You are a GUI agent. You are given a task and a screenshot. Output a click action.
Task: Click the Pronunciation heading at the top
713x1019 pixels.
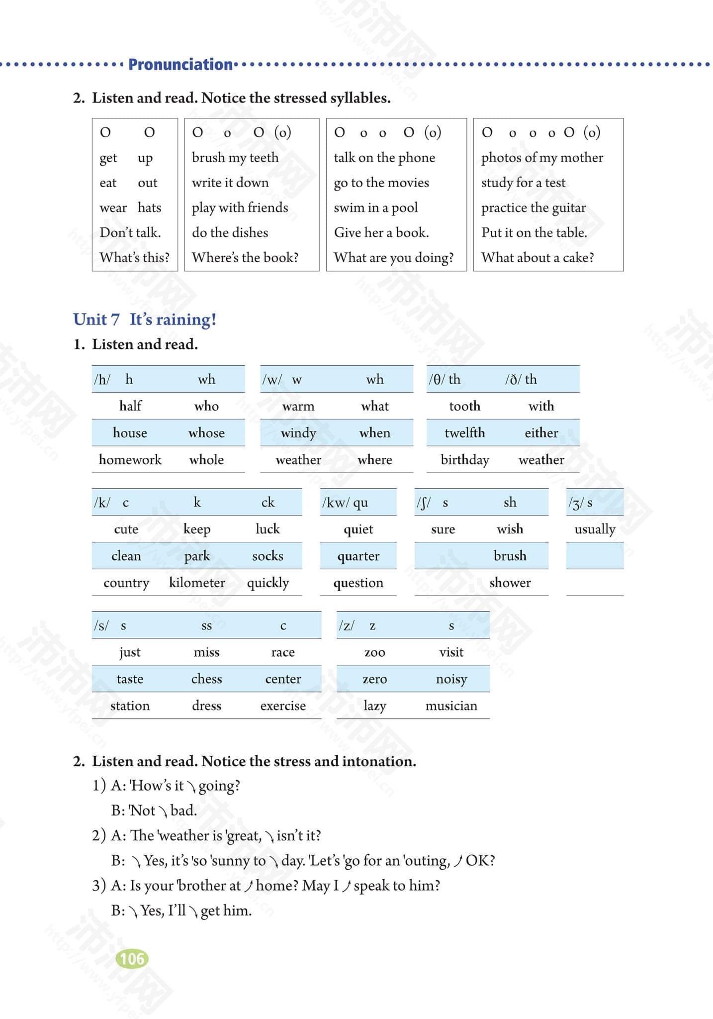click(x=180, y=64)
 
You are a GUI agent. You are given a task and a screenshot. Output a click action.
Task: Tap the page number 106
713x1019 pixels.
click(x=132, y=959)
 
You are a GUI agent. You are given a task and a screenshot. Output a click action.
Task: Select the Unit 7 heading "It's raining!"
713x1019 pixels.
click(x=145, y=319)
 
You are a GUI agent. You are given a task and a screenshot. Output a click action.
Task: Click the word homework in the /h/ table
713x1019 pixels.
click(x=130, y=460)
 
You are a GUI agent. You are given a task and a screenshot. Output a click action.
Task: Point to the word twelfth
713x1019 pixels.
click(x=464, y=433)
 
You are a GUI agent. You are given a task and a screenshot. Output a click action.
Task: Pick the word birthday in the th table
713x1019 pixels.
click(x=465, y=460)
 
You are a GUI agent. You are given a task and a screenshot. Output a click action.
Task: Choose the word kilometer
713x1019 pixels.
click(x=197, y=583)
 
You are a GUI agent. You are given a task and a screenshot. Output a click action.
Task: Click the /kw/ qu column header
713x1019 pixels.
click(x=346, y=503)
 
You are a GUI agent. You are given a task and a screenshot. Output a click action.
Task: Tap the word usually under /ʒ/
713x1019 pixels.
click(x=595, y=529)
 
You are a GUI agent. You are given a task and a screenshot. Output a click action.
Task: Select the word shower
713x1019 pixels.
click(x=510, y=583)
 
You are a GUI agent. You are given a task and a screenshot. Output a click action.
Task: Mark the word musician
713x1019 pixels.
click(x=451, y=706)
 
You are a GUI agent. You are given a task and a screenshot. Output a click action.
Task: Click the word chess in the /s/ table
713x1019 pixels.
click(x=206, y=679)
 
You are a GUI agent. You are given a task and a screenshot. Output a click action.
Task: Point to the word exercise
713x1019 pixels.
click(x=283, y=706)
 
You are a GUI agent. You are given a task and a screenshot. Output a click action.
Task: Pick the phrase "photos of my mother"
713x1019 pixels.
click(x=542, y=158)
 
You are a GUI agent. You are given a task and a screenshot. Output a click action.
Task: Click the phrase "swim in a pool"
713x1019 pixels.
click(x=376, y=207)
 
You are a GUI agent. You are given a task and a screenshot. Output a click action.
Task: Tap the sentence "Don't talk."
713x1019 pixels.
click(x=130, y=232)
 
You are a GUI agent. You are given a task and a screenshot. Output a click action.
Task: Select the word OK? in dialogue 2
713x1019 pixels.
click(x=480, y=861)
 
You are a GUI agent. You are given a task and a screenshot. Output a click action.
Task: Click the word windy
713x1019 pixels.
click(x=298, y=433)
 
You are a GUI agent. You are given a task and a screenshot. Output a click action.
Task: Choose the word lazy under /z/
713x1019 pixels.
click(x=374, y=706)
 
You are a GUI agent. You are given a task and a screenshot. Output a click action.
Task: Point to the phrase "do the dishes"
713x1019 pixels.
click(x=230, y=232)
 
